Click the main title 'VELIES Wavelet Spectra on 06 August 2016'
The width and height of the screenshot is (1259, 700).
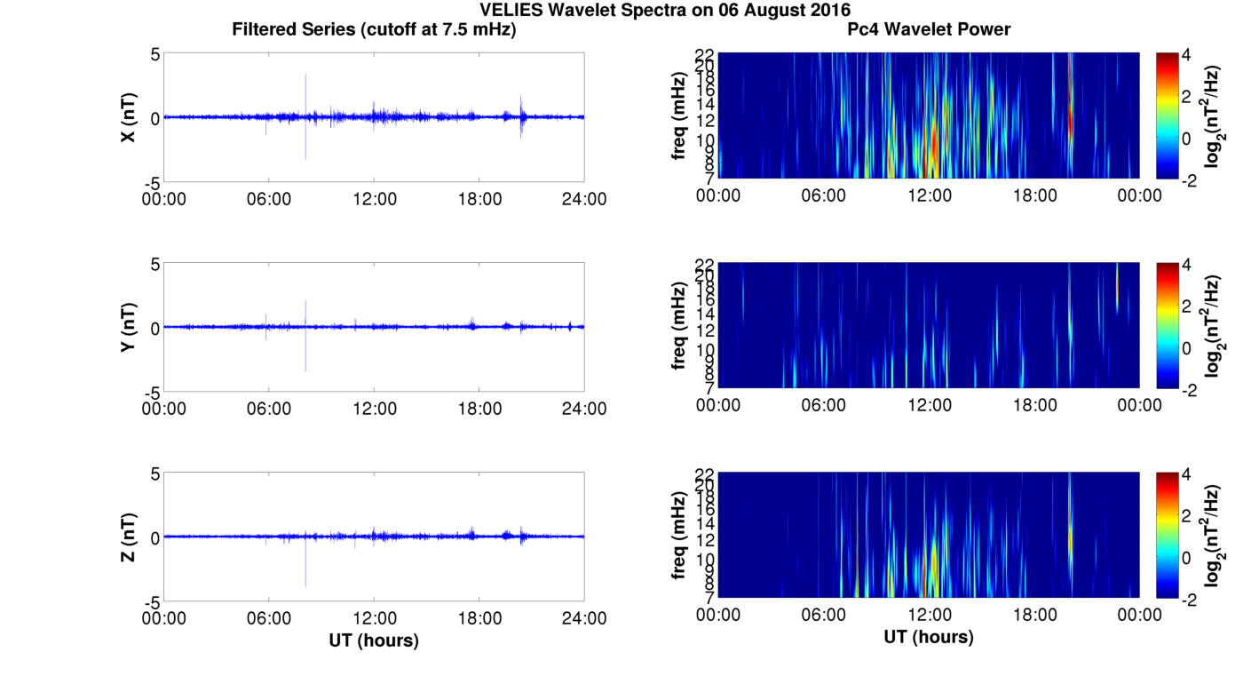click(664, 10)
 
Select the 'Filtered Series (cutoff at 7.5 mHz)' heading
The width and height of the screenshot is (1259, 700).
click(374, 29)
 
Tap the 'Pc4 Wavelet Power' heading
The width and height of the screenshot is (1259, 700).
click(929, 29)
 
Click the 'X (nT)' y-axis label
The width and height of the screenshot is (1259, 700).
click(129, 117)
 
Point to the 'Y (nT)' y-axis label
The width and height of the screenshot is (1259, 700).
click(129, 328)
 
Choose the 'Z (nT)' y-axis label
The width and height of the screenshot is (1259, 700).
click(129, 537)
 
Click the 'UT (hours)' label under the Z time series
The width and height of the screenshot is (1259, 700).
click(374, 640)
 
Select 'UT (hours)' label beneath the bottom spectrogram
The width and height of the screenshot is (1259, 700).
click(929, 637)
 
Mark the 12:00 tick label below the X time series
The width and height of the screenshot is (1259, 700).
click(374, 199)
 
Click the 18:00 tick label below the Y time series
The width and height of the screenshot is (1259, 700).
click(479, 409)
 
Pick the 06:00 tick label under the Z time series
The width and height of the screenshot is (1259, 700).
click(269, 618)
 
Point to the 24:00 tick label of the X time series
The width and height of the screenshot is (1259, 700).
click(584, 199)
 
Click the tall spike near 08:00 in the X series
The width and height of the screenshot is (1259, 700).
click(305, 89)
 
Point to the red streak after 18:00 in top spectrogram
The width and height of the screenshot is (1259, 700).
click(1071, 115)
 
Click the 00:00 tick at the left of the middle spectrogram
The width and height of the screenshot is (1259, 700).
click(718, 405)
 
